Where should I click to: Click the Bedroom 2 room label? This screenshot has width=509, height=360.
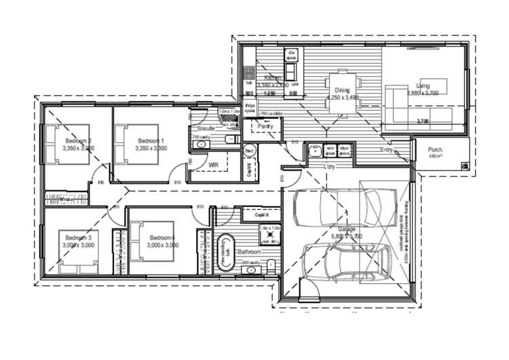point(78,141)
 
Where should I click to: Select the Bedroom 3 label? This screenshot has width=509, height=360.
point(78,237)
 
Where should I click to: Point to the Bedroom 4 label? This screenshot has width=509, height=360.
point(162,237)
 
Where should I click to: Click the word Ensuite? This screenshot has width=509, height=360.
point(206,128)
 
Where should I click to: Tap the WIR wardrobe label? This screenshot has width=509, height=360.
point(213,164)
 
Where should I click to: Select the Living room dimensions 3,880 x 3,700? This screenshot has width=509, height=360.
point(423,93)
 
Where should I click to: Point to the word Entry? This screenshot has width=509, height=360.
point(386,149)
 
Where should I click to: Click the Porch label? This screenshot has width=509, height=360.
point(435,150)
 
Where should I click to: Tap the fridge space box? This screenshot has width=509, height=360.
point(250,107)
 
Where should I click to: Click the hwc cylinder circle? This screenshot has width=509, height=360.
point(248,150)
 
